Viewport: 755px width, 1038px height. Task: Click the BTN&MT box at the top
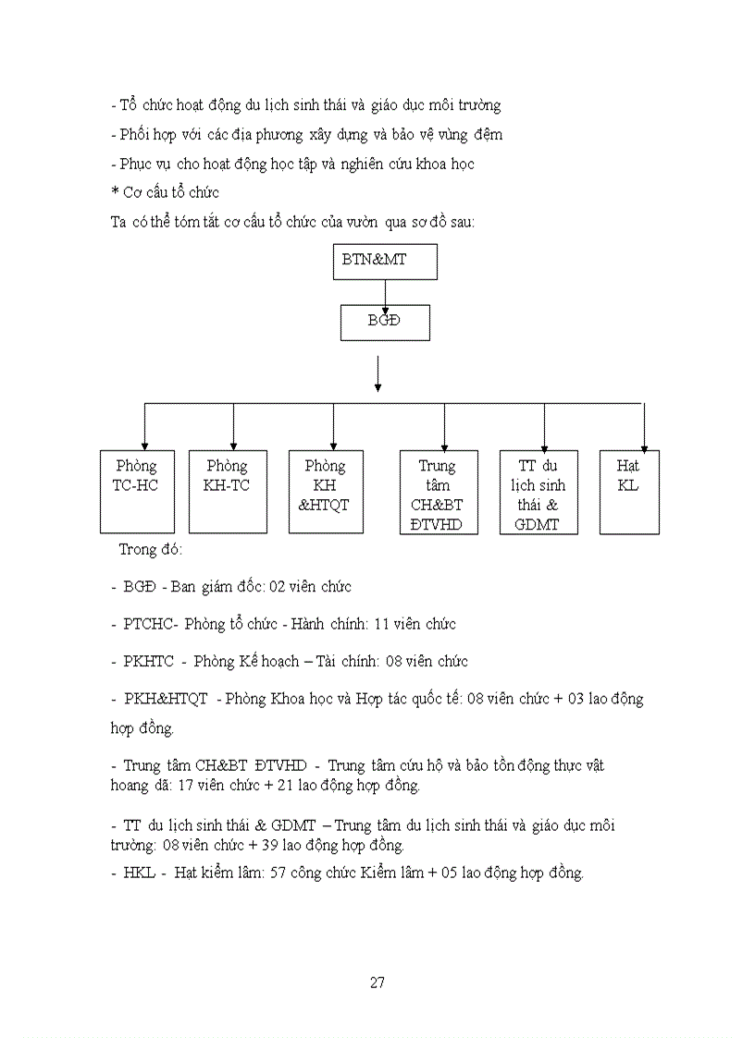point(385,263)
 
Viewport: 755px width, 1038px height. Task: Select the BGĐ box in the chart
point(385,323)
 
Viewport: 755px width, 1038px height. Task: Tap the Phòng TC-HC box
point(137,492)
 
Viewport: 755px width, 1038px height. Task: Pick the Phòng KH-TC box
point(228,492)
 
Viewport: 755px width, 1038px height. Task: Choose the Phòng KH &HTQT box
point(326,492)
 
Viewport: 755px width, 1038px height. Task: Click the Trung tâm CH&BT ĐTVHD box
point(439,492)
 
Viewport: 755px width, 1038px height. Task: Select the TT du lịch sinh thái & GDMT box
point(538,492)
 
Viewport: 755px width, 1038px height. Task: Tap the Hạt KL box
point(629,492)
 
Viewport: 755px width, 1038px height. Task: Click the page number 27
point(377,983)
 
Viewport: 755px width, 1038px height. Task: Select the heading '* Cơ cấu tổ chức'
point(164,192)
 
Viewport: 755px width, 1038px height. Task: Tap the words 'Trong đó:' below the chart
point(151,549)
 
